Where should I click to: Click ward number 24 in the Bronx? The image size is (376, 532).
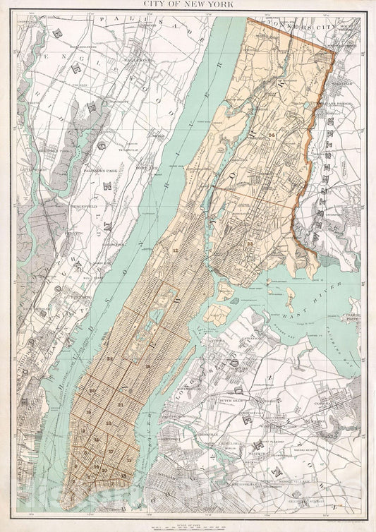(x=271, y=133)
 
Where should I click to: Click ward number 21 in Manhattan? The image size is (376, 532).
(x=121, y=403)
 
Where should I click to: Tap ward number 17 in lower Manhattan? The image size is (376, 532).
(x=111, y=449)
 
